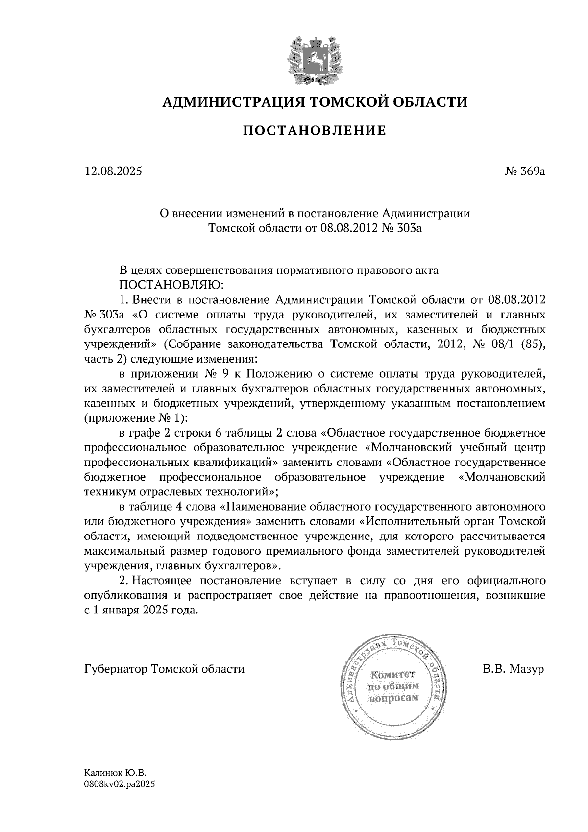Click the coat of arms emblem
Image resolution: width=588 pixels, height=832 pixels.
315,58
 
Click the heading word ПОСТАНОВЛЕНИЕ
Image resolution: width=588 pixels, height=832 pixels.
315,131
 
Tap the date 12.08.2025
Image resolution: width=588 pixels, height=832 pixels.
113,171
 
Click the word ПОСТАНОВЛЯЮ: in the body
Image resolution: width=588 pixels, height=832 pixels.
171,285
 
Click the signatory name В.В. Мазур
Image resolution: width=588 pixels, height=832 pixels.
513,669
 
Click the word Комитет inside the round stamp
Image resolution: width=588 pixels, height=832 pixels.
392,674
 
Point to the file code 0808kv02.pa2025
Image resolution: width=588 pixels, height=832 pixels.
120,784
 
